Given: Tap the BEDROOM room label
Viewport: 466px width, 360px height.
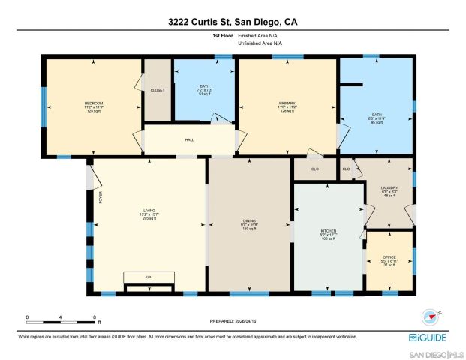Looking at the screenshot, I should [x=93, y=103].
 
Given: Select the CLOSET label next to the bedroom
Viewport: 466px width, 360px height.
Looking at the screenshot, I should [x=158, y=90].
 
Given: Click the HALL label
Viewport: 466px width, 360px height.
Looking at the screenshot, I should [x=190, y=139].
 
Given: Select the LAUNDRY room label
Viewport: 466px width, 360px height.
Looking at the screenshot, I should [x=389, y=188].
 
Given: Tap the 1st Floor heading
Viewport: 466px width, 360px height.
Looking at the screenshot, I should [x=223, y=35].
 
